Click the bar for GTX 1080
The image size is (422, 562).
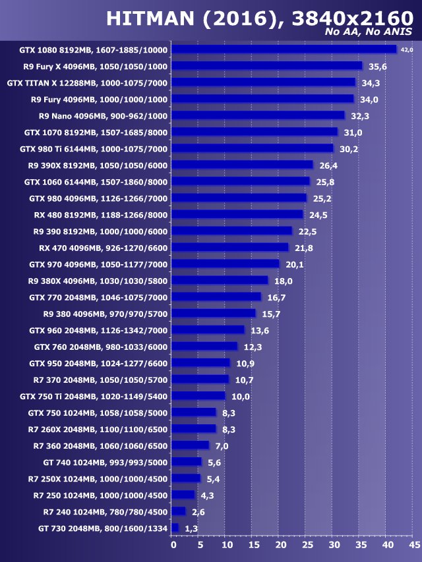pos(284,49)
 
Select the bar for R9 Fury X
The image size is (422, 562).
pos(267,66)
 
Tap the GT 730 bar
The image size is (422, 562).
pos(175,528)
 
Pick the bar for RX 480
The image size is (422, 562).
pos(237,214)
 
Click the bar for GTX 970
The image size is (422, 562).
pos(226,264)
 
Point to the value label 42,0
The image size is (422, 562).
pos(407,49)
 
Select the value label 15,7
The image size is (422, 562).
pos(269,314)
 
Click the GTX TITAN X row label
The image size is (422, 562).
pos(87,83)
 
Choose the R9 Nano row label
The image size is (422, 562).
pos(104,116)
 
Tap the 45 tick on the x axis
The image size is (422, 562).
pos(413,545)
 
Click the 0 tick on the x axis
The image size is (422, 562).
pos(173,545)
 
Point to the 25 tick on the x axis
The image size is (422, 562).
pos(307,545)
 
